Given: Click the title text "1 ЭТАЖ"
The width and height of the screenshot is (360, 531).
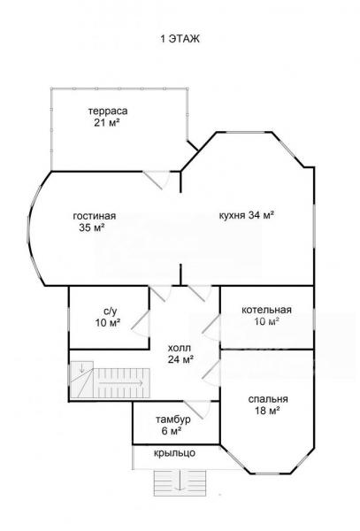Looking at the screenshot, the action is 180,39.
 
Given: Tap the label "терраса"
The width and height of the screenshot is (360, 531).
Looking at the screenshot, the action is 108,111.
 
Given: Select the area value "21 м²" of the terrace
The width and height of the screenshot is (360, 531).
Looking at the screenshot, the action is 107,122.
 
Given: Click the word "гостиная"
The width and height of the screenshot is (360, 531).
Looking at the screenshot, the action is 95,216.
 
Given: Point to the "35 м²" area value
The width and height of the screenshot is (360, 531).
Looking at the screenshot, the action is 92,227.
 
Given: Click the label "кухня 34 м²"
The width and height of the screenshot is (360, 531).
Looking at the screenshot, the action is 247,215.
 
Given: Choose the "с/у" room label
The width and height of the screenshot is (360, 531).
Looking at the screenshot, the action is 108,311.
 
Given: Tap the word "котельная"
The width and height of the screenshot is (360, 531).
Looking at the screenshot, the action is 266,310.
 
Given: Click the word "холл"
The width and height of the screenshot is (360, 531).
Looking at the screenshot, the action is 180,348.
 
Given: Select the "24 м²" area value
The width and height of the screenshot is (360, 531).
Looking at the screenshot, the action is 180,359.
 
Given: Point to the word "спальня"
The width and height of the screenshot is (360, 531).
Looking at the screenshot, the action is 268,399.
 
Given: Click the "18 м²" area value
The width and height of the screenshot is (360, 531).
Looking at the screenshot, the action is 267,411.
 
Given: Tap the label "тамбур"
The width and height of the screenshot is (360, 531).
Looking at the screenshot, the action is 172,419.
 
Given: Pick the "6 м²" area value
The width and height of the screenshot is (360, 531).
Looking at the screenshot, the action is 171,431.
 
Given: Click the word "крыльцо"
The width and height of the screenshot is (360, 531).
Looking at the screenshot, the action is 174,453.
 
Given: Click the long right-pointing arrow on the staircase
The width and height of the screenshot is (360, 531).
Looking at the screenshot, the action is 120,383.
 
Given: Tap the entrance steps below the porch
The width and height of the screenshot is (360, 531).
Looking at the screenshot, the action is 180,483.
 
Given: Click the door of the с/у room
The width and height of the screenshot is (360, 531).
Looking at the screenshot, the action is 140,324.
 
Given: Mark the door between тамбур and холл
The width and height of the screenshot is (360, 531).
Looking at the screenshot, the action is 197,410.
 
